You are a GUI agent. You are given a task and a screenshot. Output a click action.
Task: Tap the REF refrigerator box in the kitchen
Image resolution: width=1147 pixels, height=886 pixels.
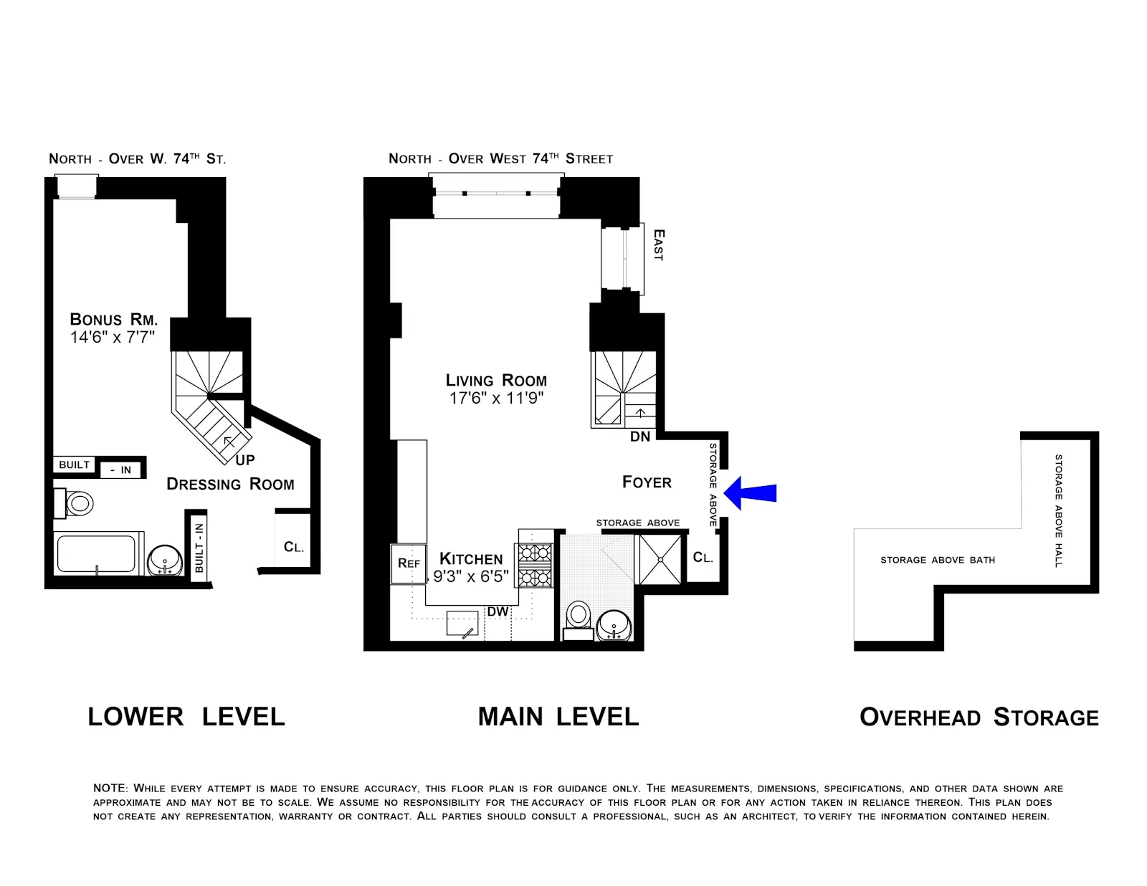coord(409,563)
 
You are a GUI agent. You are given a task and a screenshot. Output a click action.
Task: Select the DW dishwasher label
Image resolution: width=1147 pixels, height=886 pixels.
coord(498,611)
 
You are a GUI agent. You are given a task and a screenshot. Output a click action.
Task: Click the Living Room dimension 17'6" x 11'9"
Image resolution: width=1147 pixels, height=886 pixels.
coord(496,399)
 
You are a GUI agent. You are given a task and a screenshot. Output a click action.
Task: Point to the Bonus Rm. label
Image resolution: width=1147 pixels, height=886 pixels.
coord(113,320)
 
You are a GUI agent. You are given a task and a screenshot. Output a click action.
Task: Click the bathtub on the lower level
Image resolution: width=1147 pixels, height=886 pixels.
coord(96,554)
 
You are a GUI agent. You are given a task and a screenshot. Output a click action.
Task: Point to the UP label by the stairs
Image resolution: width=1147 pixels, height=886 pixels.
coord(245,460)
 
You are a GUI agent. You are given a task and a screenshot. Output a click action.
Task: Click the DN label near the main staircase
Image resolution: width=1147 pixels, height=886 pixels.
coord(640,437)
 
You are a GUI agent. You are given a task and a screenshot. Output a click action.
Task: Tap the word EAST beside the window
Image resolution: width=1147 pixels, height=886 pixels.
coord(659,245)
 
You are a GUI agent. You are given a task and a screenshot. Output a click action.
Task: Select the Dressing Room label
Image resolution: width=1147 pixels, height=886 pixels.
coord(230,485)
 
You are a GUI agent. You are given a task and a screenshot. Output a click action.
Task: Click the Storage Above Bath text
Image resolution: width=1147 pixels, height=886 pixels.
coord(937,560)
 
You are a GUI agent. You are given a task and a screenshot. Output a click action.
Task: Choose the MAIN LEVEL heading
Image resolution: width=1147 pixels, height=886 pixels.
coord(558,717)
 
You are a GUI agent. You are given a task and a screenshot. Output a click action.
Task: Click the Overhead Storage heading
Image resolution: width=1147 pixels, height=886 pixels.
coord(979,718)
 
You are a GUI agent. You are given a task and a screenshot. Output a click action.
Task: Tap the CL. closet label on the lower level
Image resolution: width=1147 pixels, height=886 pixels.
coord(294,548)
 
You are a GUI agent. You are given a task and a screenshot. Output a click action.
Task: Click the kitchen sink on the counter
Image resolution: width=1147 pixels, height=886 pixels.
coord(462,624)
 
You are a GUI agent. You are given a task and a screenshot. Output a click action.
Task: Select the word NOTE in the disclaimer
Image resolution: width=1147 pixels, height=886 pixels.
coord(110,788)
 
